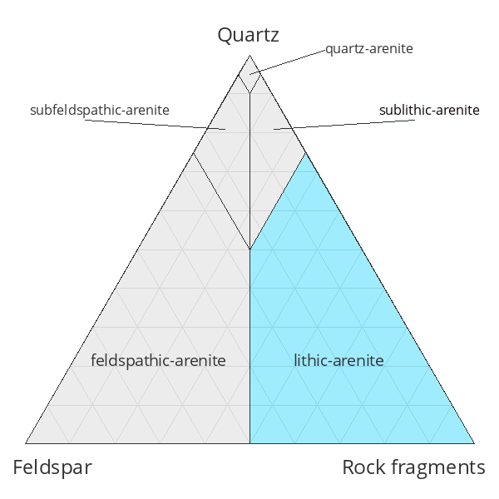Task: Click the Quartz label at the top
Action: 248,35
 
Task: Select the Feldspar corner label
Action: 52,467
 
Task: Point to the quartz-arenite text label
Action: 368,49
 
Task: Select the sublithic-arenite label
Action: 429,110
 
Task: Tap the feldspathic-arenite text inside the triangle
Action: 158,360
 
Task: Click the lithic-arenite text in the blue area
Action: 338,360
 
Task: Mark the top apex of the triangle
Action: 250,55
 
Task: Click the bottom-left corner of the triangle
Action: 26,443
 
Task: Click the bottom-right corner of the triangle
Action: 474,443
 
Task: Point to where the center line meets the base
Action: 250,443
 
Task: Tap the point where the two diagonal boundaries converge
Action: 250,249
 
